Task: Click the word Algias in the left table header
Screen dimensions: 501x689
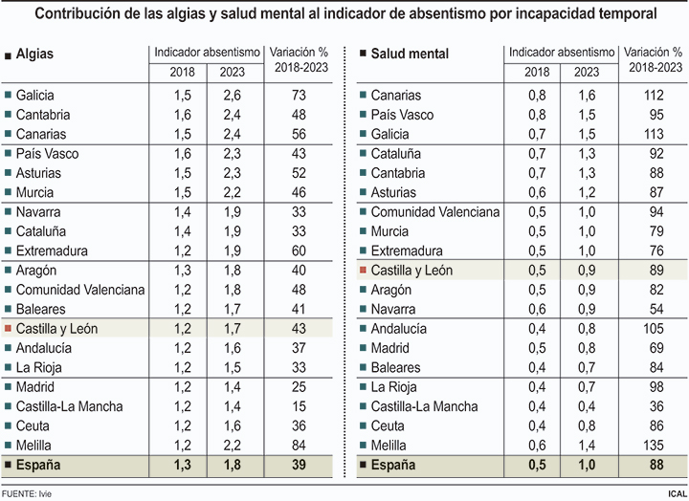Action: tap(35, 54)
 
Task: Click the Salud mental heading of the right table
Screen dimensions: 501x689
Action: tap(410, 54)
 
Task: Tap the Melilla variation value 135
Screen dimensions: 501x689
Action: tap(656, 446)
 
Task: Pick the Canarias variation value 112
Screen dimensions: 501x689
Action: tap(656, 95)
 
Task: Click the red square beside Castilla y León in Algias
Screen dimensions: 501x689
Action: tap(9, 329)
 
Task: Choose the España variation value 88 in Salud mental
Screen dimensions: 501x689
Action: tap(656, 466)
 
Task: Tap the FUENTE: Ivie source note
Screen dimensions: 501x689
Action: tap(27, 492)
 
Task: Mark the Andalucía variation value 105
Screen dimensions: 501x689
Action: tap(656, 329)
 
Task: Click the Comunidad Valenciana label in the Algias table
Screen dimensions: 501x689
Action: tap(80, 290)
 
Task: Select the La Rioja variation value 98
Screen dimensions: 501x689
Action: tap(656, 387)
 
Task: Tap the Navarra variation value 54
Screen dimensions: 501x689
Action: tap(656, 309)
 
